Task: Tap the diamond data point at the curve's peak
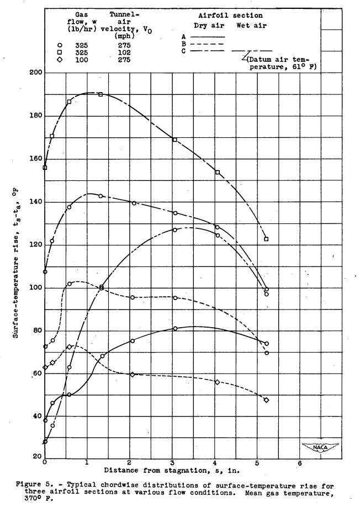pyautogui.click(x=69, y=347)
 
